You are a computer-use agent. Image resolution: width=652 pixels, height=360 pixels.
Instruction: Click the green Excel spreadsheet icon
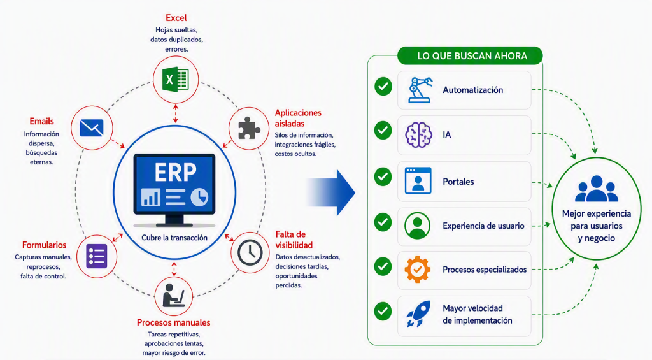pyautogui.click(x=176, y=79)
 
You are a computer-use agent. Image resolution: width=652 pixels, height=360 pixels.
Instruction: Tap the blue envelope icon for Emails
pyautogui.click(x=92, y=128)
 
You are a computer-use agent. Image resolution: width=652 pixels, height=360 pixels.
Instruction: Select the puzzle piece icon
pyautogui.click(x=249, y=128)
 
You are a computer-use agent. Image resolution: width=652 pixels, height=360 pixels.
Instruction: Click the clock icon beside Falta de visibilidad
pyautogui.click(x=250, y=252)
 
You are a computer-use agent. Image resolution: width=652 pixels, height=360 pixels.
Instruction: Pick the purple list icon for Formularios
pyautogui.click(x=97, y=256)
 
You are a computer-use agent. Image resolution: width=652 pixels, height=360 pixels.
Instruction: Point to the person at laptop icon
pyautogui.click(x=173, y=295)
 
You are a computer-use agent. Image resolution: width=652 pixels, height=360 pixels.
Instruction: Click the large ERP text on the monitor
pyautogui.click(x=175, y=172)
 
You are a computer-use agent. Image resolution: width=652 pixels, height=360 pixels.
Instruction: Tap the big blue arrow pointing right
pyautogui.click(x=330, y=192)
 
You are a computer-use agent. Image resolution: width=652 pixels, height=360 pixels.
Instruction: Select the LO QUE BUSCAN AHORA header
pyautogui.click(x=472, y=56)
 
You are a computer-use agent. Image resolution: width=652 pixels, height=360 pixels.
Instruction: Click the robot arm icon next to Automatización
pyautogui.click(x=420, y=90)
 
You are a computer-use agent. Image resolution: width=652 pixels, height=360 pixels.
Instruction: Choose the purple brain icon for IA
pyautogui.click(x=418, y=135)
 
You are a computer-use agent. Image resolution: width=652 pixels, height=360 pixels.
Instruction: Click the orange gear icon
pyautogui.click(x=418, y=270)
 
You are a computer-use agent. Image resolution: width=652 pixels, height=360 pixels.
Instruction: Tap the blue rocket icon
pyautogui.click(x=418, y=313)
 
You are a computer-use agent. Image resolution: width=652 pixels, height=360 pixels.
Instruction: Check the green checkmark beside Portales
pyautogui.click(x=383, y=177)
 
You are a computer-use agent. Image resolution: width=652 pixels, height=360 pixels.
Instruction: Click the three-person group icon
pyautogui.click(x=596, y=189)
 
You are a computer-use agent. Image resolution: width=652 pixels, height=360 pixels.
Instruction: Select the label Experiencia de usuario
pyautogui.click(x=483, y=226)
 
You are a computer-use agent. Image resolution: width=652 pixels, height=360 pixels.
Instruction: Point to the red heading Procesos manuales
pyautogui.click(x=173, y=322)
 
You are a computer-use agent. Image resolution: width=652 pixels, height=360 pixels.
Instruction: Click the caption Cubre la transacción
pyautogui.click(x=174, y=238)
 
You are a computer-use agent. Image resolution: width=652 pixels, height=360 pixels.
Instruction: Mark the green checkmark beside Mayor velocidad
pyautogui.click(x=383, y=311)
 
